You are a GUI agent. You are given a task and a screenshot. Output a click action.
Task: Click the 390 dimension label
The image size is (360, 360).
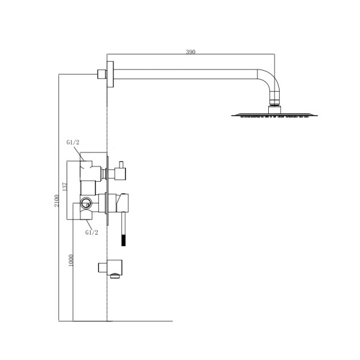pyautogui.click(x=191, y=52)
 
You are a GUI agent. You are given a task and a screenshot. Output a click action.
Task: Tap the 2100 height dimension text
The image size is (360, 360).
pyautogui.click(x=56, y=200)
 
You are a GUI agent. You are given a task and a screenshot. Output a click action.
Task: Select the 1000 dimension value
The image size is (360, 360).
pyautogui.click(x=71, y=260)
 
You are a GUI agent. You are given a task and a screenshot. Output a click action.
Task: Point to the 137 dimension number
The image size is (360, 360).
pyautogui.click(x=65, y=187)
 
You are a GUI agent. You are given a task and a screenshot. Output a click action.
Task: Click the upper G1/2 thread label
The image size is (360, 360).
pyautogui.click(x=73, y=142)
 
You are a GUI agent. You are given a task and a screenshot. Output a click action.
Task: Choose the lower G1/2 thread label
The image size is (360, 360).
pyautogui.click(x=92, y=232)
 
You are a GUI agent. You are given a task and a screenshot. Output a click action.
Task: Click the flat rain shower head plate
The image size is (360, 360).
pyautogui.click(x=275, y=115)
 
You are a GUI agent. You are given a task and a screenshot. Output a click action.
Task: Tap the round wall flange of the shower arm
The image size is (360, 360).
pyautogui.click(x=110, y=74)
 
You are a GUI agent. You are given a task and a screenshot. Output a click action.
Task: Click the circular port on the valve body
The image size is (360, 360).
pyautogui.click(x=86, y=203)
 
